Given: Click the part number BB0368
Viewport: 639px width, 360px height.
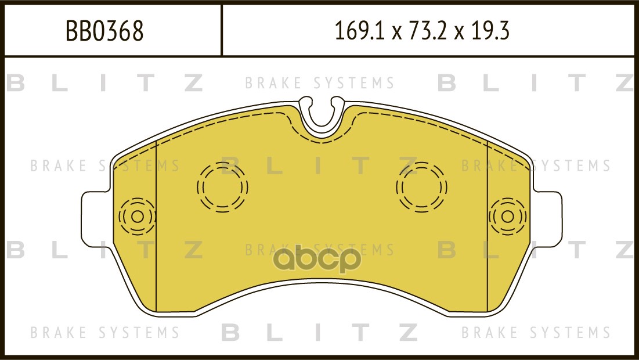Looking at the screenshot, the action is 104,31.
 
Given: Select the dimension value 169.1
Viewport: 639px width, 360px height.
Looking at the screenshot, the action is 359,31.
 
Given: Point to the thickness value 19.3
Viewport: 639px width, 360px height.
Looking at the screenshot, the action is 490,31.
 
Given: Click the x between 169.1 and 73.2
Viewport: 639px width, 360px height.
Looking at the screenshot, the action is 395,33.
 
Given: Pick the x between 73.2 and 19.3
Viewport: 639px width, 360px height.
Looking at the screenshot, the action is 459,33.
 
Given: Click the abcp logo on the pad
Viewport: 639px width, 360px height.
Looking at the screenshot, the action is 317,260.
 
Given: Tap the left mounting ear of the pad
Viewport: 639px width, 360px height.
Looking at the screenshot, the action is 96,219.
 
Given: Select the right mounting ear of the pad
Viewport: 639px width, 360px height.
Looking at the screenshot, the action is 547,219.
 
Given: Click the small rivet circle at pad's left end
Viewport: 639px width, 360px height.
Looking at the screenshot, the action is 138,217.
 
